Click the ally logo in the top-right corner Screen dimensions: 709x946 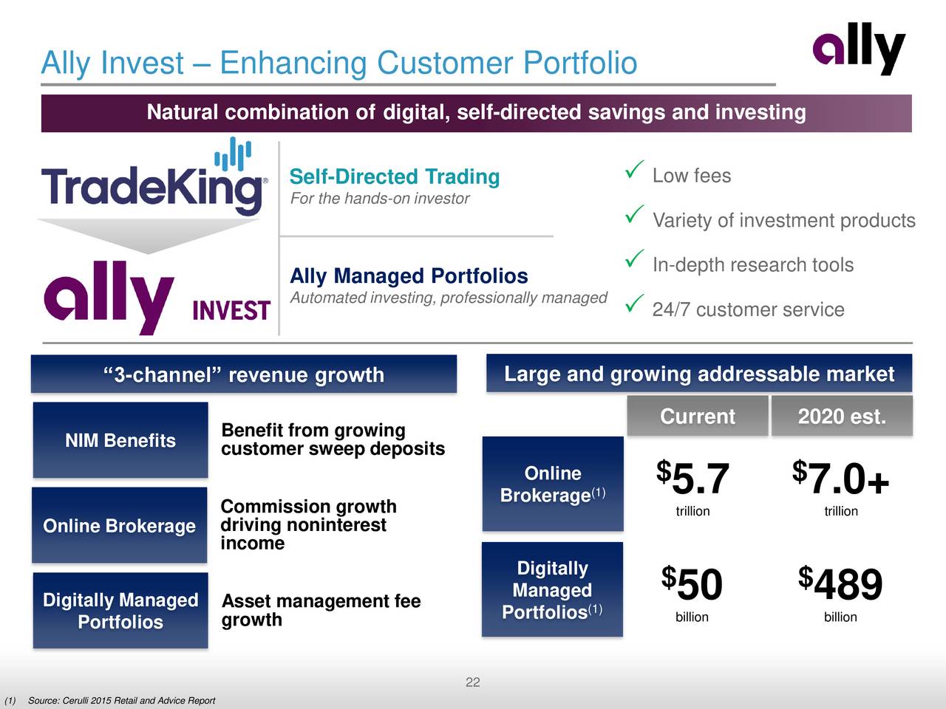click(x=859, y=48)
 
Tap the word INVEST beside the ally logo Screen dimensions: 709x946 click(x=231, y=311)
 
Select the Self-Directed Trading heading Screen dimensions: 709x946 click(x=394, y=177)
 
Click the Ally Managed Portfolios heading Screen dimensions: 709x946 click(x=409, y=276)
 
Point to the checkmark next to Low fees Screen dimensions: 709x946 click(x=633, y=171)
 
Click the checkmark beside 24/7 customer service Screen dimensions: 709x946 click(x=633, y=304)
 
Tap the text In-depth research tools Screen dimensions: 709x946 click(x=752, y=265)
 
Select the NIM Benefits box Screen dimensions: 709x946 click(x=120, y=440)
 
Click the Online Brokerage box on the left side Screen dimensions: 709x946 click(x=120, y=526)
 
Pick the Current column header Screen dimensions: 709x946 click(x=697, y=417)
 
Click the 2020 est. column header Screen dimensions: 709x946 click(x=841, y=417)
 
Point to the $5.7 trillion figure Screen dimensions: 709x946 click(x=693, y=481)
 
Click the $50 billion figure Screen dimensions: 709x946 click(x=693, y=586)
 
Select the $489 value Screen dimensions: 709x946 click(x=841, y=586)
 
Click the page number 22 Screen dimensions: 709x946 click(x=473, y=682)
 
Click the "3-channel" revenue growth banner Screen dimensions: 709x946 click(x=244, y=374)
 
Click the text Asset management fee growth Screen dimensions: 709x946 click(x=320, y=610)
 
